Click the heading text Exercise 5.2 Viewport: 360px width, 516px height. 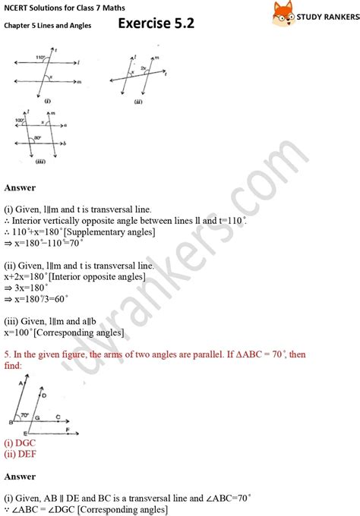coord(156,24)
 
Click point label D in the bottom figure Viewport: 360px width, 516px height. coord(43,395)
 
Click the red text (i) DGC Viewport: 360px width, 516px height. coord(20,442)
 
